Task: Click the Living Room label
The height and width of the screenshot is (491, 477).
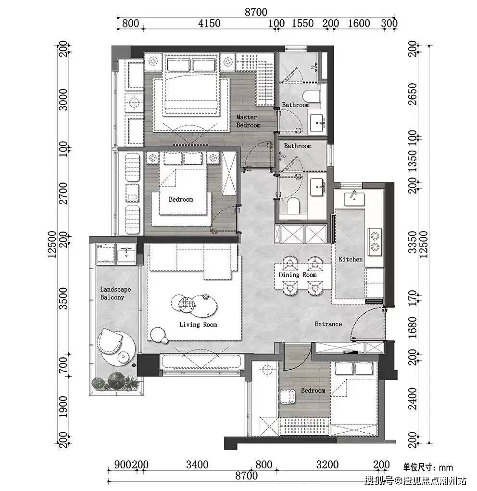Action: pyautogui.click(x=198, y=324)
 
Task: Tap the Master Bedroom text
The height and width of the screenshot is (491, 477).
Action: pyautogui.click(x=248, y=121)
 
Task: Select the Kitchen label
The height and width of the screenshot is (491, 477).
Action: pyautogui.click(x=351, y=259)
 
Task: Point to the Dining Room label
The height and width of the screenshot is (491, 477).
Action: pyautogui.click(x=298, y=275)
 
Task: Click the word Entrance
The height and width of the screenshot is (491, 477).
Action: pyautogui.click(x=328, y=324)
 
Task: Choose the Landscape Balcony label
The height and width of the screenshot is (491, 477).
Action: pyautogui.click(x=115, y=294)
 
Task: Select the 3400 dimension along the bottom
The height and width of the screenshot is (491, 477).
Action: pyautogui.click(x=197, y=465)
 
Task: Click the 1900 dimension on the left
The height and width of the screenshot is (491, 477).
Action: pyautogui.click(x=63, y=407)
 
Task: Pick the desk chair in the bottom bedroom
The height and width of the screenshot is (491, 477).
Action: pyautogui.click(x=287, y=397)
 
